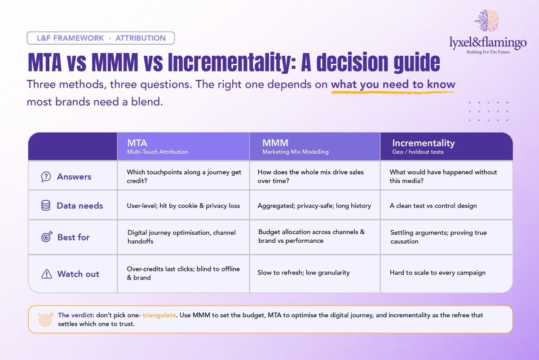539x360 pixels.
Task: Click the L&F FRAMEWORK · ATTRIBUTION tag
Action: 101,38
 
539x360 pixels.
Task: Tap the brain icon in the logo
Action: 486,21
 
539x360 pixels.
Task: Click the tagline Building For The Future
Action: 488,52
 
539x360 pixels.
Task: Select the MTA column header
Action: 183,146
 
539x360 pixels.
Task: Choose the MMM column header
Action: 315,146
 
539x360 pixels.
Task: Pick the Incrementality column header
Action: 446,146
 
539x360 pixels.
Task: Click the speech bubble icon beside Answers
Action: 46,177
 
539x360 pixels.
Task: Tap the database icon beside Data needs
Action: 46,205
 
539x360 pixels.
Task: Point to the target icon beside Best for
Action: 47,237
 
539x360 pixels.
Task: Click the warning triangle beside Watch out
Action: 47,274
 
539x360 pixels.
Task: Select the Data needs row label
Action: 80,206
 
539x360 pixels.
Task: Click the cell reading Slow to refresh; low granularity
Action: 304,273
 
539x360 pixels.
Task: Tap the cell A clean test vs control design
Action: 433,206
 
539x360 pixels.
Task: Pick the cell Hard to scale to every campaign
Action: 437,273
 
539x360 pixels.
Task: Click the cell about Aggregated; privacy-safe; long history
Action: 314,206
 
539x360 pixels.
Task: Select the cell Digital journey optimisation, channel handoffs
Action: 181,237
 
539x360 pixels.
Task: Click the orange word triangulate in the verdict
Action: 159,315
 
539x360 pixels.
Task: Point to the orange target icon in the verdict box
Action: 45,320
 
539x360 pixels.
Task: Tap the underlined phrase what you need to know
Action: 393,84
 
